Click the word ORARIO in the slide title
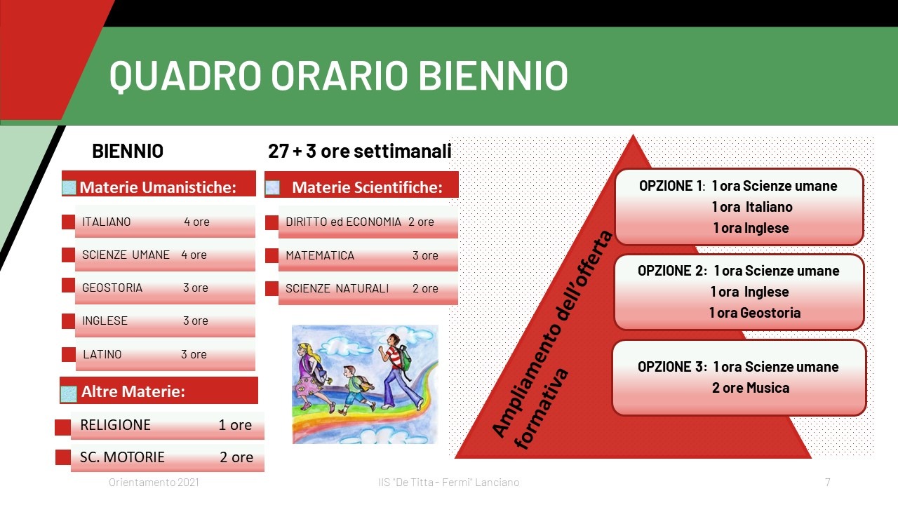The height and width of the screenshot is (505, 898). (339, 75)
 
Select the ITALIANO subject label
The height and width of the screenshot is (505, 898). (106, 222)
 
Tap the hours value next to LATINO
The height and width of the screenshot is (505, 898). (194, 354)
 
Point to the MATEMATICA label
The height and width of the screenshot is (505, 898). (320, 255)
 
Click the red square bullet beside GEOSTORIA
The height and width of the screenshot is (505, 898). (68, 285)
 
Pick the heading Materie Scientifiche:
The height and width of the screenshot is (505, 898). (367, 187)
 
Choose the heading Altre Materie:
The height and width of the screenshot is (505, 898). (133, 391)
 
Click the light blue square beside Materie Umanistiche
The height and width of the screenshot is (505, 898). (69, 187)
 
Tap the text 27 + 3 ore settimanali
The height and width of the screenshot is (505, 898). (360, 151)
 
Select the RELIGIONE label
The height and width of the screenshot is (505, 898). (116, 425)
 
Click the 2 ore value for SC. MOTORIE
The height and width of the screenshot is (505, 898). (236, 457)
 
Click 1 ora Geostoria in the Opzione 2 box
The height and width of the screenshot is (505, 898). (755, 313)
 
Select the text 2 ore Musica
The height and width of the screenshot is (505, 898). (751, 388)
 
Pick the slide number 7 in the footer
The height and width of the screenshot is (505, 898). (827, 482)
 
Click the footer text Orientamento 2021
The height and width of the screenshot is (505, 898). (154, 482)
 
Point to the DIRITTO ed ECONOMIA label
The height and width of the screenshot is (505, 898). (343, 222)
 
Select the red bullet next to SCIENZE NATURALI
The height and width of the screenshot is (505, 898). (272, 288)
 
